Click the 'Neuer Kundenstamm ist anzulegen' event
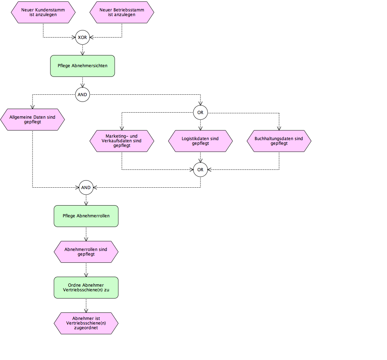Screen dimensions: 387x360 43,13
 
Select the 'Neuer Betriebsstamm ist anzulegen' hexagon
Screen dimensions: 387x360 122,13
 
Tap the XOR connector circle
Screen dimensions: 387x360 83,37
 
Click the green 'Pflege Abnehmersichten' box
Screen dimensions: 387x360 83,66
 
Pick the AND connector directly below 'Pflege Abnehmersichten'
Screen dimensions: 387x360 83,95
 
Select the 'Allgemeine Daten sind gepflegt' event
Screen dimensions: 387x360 33,119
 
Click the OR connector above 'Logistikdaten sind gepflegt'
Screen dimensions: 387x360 200,113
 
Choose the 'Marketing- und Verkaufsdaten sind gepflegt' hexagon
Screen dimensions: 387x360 122,141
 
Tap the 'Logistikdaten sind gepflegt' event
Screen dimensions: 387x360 200,141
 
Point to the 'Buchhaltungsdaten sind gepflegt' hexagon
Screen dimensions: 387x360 279,141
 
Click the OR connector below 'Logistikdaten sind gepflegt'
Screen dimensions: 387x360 200,169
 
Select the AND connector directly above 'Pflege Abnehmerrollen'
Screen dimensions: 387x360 86,188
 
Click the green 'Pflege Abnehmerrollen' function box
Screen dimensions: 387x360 86,216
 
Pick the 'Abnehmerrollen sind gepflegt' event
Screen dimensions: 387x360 86,252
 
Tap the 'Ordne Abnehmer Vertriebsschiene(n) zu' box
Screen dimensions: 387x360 86,288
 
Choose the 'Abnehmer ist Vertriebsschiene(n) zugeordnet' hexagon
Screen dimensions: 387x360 86,324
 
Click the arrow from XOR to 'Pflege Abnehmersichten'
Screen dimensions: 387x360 83,50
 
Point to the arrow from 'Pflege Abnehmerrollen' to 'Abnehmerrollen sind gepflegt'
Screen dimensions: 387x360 86,234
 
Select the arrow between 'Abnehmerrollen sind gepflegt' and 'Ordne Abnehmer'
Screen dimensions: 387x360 86,270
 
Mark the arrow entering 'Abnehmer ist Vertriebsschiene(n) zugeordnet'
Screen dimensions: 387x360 86,306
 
